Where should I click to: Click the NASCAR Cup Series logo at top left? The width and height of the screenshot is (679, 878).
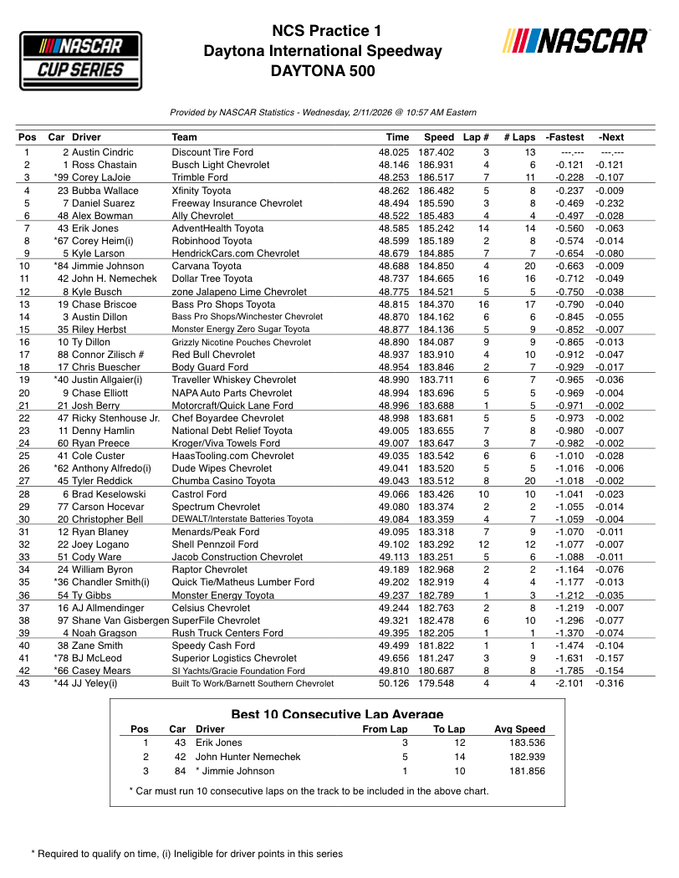tap(80, 61)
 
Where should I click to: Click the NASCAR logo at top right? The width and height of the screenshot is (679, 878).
tap(576, 41)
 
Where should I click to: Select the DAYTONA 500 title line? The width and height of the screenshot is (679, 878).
tap(323, 71)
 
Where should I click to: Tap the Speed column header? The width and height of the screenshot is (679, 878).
tap(438, 137)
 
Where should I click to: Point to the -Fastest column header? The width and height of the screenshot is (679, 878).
tap(564, 137)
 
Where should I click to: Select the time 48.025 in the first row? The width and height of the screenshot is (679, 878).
tap(393, 152)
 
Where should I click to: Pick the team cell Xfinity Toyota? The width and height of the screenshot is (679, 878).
tap(202, 191)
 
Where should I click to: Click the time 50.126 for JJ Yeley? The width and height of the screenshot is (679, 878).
tap(393, 683)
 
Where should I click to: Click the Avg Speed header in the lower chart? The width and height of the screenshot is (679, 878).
tap(519, 729)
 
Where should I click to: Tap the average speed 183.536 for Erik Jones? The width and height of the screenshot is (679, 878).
tap(527, 743)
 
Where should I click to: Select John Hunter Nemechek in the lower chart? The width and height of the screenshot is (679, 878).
tap(248, 757)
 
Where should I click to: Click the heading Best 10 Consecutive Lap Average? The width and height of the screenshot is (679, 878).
tap(337, 714)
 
